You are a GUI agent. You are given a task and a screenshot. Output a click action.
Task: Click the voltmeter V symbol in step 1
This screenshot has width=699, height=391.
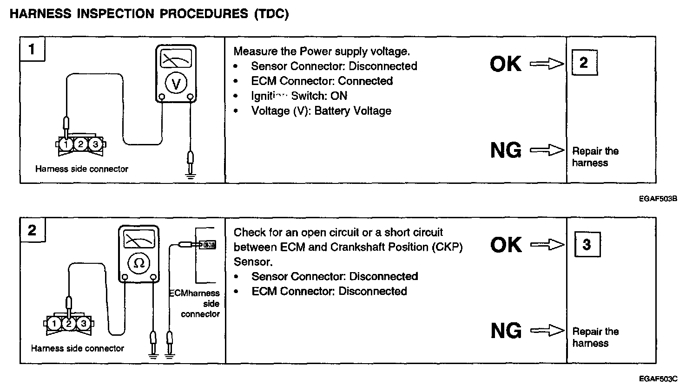(176, 84)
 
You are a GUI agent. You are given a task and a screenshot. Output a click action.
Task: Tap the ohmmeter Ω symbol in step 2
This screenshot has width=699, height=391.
(139, 263)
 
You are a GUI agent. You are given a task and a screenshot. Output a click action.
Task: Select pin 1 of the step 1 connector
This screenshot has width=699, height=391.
(66, 144)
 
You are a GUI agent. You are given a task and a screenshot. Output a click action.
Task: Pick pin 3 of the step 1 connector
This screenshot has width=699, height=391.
(95, 144)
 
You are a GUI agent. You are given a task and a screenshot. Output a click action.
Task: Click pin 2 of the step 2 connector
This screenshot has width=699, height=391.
(69, 323)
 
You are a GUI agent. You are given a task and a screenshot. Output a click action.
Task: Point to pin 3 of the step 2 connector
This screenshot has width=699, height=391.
(84, 323)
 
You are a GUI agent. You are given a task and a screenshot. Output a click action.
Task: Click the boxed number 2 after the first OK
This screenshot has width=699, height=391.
(584, 63)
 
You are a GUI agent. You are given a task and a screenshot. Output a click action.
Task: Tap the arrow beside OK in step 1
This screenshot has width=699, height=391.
(547, 64)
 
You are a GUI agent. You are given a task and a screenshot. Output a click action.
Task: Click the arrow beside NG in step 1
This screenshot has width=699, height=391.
(547, 150)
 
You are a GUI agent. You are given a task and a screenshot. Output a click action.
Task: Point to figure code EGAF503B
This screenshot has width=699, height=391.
(658, 199)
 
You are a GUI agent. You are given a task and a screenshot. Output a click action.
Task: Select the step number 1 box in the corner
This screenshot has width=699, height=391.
(32, 49)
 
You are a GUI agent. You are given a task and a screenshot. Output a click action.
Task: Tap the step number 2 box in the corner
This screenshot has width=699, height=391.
(32, 230)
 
